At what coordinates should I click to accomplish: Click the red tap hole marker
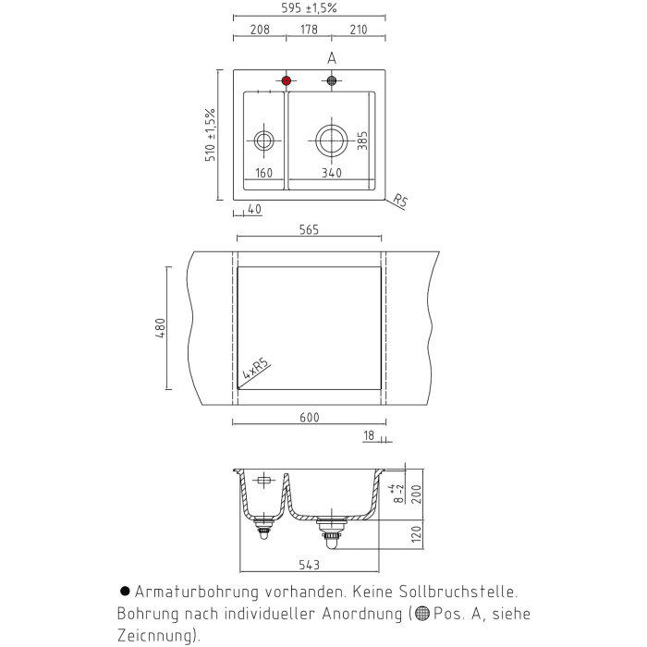287,80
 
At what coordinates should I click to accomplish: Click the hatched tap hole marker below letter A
332,80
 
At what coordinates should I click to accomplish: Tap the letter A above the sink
332,58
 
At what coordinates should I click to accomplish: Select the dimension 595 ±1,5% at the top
309,7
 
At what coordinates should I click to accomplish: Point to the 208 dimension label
260,30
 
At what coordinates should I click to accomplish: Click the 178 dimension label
309,30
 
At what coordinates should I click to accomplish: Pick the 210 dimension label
359,30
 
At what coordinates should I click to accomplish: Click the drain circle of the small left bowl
263,140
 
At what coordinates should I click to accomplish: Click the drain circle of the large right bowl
331,140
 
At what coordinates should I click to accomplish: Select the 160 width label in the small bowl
264,173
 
